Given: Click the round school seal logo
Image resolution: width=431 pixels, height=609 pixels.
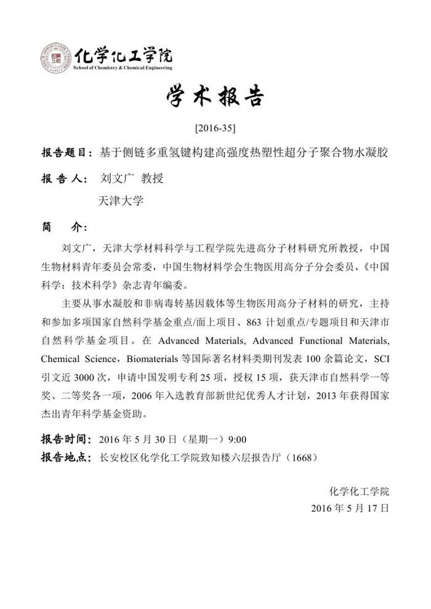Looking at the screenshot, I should [x=55, y=59].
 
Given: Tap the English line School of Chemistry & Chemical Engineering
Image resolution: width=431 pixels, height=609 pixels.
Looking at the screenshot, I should [x=123, y=68].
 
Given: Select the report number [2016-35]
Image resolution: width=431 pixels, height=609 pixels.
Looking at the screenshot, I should [x=215, y=129].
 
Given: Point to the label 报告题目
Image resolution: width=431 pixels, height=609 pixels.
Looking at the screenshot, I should [x=65, y=151].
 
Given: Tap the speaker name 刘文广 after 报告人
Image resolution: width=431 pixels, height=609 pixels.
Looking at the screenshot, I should [x=115, y=179].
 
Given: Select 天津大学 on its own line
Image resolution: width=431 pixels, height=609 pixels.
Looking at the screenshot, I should [x=120, y=201].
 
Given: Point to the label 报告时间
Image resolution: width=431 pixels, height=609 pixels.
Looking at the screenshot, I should [x=65, y=440].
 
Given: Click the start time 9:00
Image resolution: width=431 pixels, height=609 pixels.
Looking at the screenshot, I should [x=237, y=440].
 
